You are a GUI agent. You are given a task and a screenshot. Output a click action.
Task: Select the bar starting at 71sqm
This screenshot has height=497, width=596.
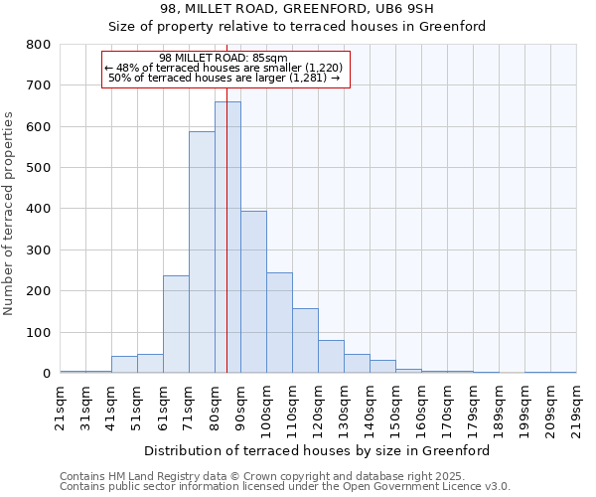click(202, 252)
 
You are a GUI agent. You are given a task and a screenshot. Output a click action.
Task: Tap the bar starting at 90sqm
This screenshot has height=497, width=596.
click(253, 292)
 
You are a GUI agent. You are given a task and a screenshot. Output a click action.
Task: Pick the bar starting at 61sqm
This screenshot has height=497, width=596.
click(176, 324)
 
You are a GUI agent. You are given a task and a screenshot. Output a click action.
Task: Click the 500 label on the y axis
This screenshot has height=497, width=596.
click(38, 168)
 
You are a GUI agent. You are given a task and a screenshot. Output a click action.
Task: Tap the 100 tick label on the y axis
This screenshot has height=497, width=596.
click(38, 333)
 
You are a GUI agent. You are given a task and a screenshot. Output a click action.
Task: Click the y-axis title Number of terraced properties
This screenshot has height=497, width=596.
click(10, 214)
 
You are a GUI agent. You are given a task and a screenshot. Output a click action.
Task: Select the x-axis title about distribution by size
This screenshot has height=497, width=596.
click(317, 450)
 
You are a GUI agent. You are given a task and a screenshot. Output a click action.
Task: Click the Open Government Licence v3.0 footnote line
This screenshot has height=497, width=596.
click(285, 487)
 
